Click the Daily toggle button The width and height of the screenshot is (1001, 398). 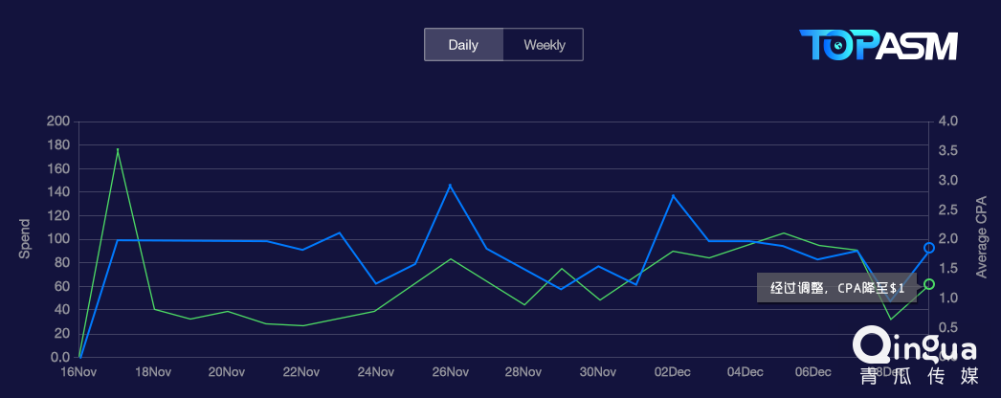tap(463, 45)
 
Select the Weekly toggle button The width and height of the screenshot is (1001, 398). tap(544, 45)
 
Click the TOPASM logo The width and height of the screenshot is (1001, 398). tap(878, 46)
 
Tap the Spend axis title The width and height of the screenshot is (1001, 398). tap(26, 239)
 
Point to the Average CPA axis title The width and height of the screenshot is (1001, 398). tap(981, 239)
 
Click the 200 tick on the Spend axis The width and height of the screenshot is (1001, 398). tap(58, 122)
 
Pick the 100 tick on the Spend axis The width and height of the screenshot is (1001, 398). tap(58, 239)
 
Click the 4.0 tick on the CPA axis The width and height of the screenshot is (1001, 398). tap(949, 122)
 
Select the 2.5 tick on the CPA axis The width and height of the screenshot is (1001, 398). tap(949, 210)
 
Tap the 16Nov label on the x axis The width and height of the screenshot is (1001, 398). tap(78, 372)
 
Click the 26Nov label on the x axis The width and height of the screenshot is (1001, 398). tap(450, 372)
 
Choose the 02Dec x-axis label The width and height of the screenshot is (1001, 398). tap(673, 372)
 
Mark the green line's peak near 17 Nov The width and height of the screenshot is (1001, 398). tap(118, 149)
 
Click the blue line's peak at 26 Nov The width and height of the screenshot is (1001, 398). tap(450, 185)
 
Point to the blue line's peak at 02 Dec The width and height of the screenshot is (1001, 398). tap(673, 195)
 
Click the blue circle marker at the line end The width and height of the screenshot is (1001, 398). tap(929, 248)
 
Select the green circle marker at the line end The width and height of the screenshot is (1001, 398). tap(929, 284)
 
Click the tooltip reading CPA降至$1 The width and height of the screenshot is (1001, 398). tap(836, 287)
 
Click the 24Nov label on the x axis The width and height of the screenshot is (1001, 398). tap(375, 372)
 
